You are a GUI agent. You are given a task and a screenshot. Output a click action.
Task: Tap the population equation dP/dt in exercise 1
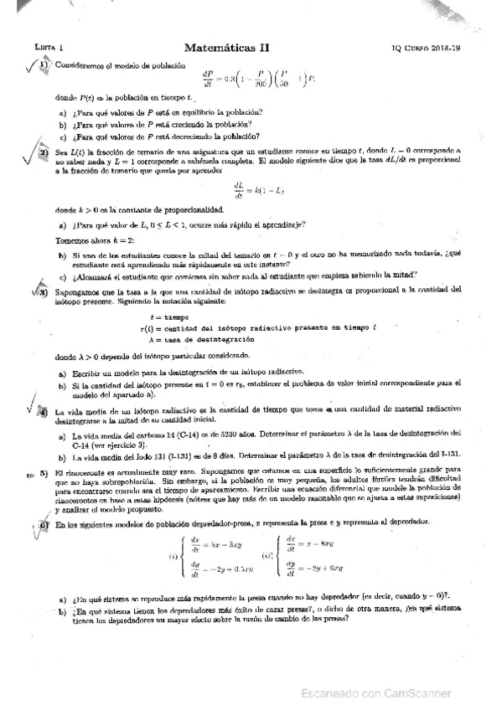tap(251, 80)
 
